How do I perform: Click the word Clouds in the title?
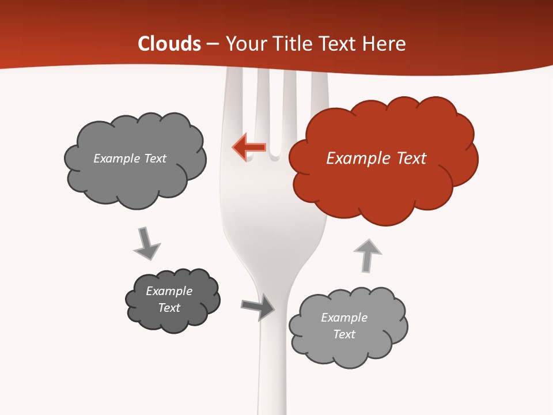(169, 44)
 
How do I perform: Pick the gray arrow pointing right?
(258, 307)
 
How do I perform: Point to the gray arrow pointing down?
(146, 243)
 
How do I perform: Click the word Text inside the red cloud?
(411, 159)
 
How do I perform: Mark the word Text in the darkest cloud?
(169, 308)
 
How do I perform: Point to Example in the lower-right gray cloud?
(344, 318)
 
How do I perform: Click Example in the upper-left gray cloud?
(117, 159)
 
